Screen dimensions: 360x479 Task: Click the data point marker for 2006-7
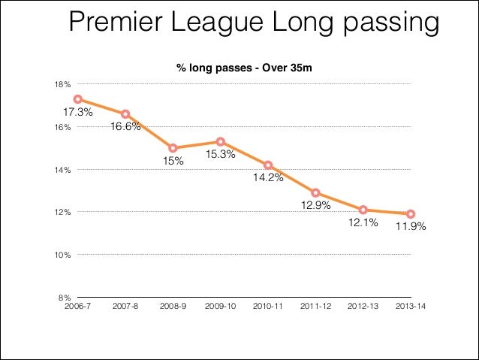[x=77, y=99]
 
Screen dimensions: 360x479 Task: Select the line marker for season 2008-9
[x=173, y=148]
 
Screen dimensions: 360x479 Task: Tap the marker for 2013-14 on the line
[x=411, y=214]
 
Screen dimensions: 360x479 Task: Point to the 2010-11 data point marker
[x=268, y=165]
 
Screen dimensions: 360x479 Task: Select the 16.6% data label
[x=125, y=127]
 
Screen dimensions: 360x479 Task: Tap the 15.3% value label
[x=221, y=155]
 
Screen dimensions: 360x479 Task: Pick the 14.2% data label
[x=268, y=178]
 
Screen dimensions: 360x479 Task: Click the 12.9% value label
[x=316, y=205]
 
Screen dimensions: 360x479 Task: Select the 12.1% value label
[x=363, y=223]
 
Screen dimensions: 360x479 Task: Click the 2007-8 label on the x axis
[x=125, y=307]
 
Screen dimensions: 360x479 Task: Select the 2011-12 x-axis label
[x=315, y=307]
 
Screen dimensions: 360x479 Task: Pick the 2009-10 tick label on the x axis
[x=220, y=307]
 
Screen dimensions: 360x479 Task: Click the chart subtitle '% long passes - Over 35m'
[x=243, y=68]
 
